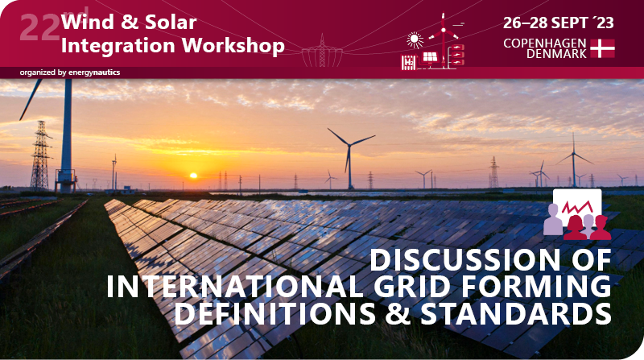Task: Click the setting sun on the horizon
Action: click(192, 175)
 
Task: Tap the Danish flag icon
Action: click(602, 48)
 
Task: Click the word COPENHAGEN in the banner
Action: click(544, 42)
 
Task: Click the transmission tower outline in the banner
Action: click(322, 50)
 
